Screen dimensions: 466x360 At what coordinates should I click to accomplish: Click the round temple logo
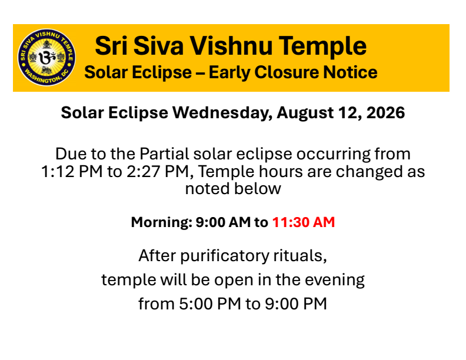click(x=46, y=57)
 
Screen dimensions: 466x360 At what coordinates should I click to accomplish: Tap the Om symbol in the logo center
click(x=47, y=57)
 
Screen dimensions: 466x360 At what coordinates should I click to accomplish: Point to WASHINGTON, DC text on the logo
click(x=46, y=77)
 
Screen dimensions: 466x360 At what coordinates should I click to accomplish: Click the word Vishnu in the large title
click(x=231, y=46)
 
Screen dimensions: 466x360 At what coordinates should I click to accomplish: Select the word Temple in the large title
click(x=322, y=46)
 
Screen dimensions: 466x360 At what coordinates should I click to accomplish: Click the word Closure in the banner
click(x=286, y=72)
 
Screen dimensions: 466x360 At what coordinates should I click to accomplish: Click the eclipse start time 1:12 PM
click(x=72, y=172)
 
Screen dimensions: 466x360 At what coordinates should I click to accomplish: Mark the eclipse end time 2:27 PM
click(x=158, y=172)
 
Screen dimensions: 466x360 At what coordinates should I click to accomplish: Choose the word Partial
click(x=164, y=154)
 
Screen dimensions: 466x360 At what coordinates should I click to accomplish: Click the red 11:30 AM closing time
click(x=304, y=222)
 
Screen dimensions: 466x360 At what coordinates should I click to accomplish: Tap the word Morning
click(x=162, y=222)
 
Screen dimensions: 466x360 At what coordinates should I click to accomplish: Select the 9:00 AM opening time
click(x=223, y=222)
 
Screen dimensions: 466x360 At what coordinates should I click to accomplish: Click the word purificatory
click(x=224, y=256)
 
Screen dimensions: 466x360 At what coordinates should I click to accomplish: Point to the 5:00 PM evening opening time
click(x=210, y=304)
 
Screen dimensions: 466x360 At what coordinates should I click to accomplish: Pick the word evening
click(x=335, y=280)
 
